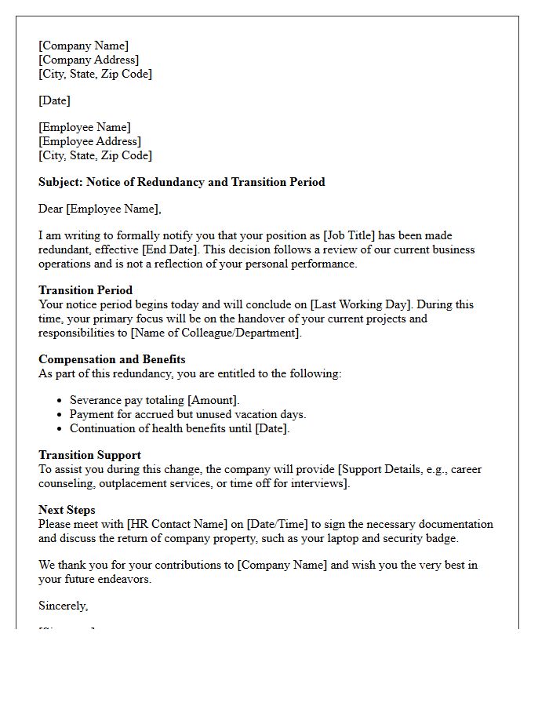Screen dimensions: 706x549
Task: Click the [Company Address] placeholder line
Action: coord(89,60)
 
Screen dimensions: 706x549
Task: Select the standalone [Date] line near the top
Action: coord(54,100)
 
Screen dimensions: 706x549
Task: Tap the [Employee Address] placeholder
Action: coord(89,141)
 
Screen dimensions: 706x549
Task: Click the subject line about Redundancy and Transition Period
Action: coord(181,182)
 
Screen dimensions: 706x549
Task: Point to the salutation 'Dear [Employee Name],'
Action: coord(100,209)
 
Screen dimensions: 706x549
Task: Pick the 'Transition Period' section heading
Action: coord(85,290)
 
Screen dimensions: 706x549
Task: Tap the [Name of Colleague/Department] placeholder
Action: coord(216,333)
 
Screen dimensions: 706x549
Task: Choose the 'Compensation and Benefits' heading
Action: coord(111,359)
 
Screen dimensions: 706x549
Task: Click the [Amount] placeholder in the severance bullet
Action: coord(213,400)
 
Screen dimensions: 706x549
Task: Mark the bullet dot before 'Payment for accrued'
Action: coord(60,414)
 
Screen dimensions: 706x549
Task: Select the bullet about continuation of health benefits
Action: coord(180,428)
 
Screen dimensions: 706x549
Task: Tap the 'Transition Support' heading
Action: coord(89,455)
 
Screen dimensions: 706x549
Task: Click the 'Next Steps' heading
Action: coord(67,510)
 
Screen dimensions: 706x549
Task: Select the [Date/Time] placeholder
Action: coord(282,524)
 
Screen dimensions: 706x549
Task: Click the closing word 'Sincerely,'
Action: coord(63,606)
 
